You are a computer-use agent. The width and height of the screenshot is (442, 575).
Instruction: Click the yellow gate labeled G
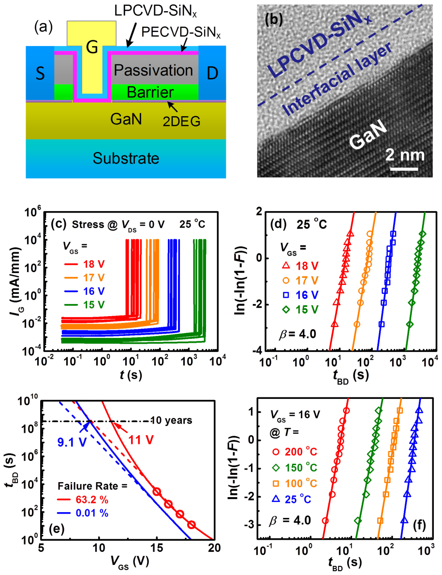(91, 46)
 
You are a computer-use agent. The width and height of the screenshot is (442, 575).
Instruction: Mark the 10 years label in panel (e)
(172, 420)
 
